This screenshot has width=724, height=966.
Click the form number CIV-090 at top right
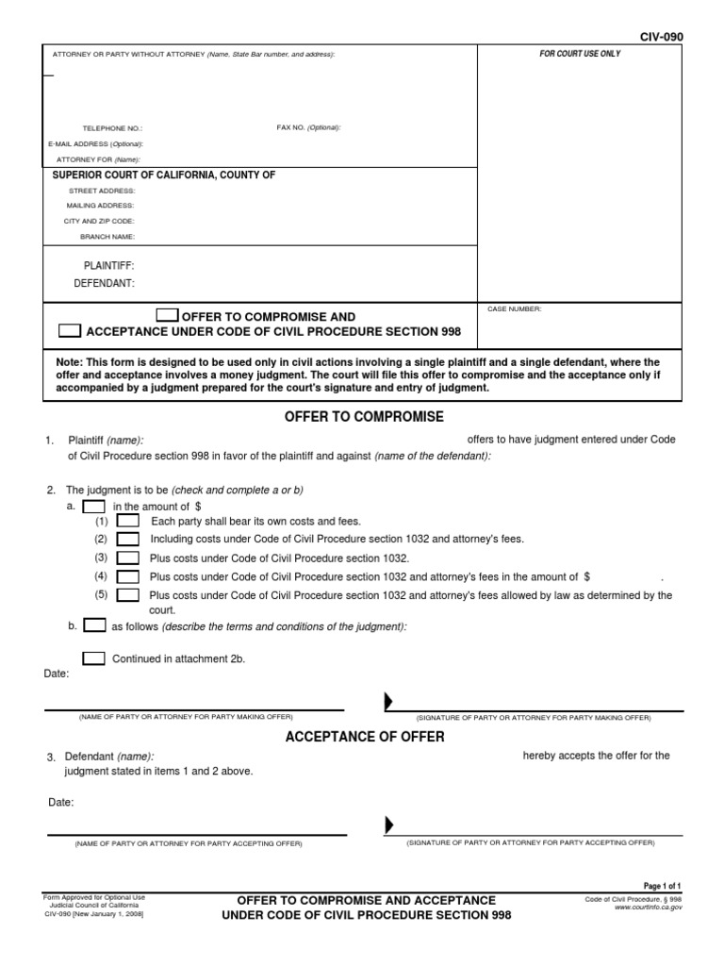coord(661,37)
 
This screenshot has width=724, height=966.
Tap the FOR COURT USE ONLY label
coord(580,55)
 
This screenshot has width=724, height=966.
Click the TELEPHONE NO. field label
coord(113,128)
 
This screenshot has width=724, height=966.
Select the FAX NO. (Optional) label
coord(308,127)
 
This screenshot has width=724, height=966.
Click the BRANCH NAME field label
coord(101,236)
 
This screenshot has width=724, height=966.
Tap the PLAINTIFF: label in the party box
coord(109,266)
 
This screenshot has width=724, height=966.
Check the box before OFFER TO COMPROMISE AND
coord(166,316)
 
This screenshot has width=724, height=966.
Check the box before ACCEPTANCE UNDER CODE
coord(70,331)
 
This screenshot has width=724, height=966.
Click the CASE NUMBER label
coord(514,309)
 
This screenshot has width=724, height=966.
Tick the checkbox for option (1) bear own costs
coord(128,522)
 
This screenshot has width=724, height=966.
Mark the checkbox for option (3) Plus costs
coord(128,558)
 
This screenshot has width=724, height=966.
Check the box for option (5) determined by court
coord(128,594)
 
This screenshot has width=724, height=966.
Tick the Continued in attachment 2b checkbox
coord(94,658)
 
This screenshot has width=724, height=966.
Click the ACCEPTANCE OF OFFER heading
coord(365,737)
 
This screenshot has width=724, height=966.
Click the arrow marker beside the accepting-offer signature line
coord(388,825)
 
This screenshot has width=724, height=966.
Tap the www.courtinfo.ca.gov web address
coord(648,907)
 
